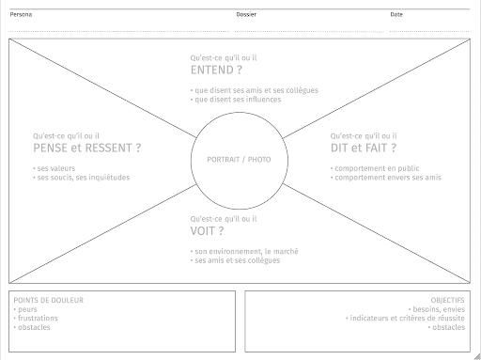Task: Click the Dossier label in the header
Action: pyautogui.click(x=246, y=15)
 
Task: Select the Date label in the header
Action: pyautogui.click(x=396, y=15)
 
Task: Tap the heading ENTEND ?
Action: pyautogui.click(x=216, y=70)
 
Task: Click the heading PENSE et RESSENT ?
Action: pyautogui.click(x=87, y=148)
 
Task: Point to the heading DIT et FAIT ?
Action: pyautogui.click(x=364, y=148)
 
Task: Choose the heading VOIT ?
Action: pyautogui.click(x=208, y=230)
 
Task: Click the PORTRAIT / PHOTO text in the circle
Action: pyautogui.click(x=239, y=160)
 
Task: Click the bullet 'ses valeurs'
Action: pyautogui.click(x=54, y=168)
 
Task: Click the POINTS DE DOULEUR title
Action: pyautogui.click(x=49, y=300)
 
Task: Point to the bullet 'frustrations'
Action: pyautogui.click(x=38, y=318)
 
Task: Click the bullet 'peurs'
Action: pyautogui.click(x=28, y=309)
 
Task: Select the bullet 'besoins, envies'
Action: pyautogui.click(x=439, y=309)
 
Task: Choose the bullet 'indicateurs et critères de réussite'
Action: pyautogui.click(x=407, y=318)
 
